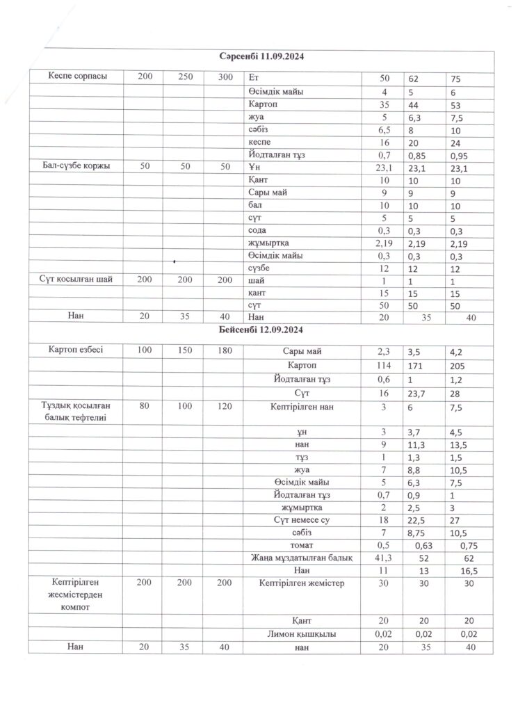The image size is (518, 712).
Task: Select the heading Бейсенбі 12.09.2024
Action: coord(261,330)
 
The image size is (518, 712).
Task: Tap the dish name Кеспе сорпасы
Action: coord(77,76)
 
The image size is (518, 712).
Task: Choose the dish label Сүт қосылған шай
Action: coord(77,280)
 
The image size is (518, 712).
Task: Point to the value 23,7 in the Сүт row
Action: coord(417,393)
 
